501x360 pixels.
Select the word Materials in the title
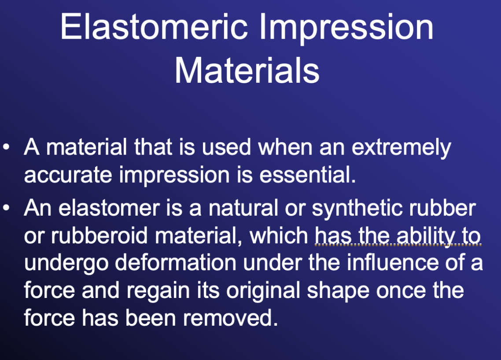(247, 70)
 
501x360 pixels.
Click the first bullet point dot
(6, 147)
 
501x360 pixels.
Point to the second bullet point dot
(6, 208)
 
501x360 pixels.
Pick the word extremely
(401, 148)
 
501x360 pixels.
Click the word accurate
(68, 175)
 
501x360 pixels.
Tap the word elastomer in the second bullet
(109, 208)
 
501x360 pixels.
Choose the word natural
(243, 208)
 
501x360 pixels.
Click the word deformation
(175, 263)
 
